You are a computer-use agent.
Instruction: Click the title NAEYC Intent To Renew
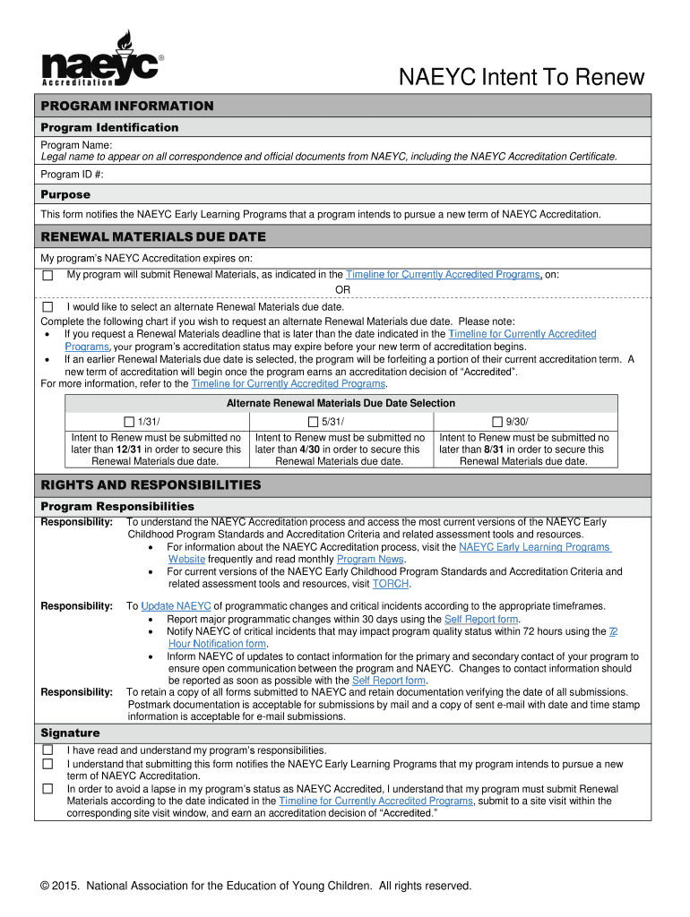[522, 78]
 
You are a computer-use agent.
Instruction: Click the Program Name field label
[76, 145]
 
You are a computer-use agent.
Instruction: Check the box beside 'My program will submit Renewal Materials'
[48, 275]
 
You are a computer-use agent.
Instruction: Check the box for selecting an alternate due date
[48, 306]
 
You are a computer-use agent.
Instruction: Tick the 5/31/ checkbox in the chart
[313, 422]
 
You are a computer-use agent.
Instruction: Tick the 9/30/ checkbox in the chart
[497, 422]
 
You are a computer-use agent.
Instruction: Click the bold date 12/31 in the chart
[131, 450]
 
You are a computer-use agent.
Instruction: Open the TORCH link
[391, 584]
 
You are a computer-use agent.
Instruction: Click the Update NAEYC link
[176, 606]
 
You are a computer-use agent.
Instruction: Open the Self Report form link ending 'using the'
[481, 619]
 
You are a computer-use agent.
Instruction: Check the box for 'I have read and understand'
[48, 750]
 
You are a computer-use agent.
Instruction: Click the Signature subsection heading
[70, 733]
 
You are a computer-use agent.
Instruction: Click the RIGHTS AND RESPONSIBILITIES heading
[151, 485]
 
